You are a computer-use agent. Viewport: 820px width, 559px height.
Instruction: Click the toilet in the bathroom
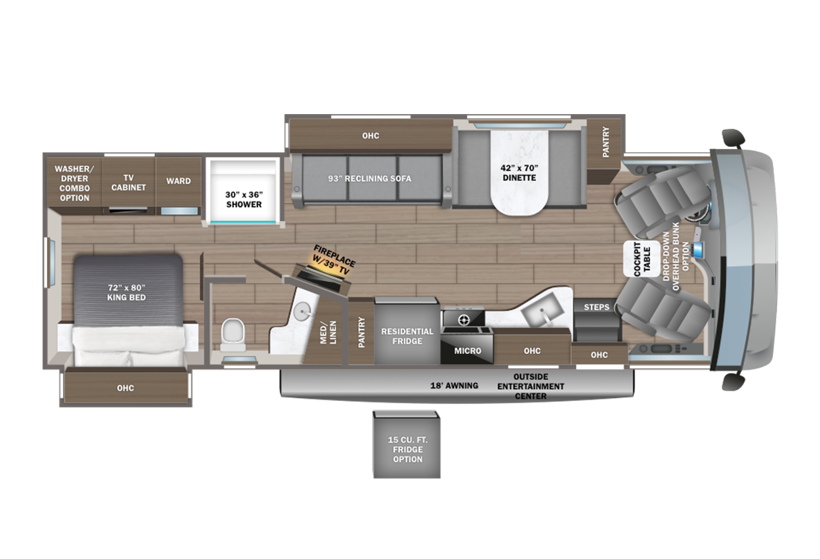[233, 334]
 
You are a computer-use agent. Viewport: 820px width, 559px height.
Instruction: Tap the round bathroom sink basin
[302, 312]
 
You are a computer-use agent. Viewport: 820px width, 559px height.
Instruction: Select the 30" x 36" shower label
[244, 199]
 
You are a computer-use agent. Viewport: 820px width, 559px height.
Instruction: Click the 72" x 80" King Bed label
[127, 292]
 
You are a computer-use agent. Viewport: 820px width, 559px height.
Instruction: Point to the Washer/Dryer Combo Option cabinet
[75, 183]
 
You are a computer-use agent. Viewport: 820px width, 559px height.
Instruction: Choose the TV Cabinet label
[129, 183]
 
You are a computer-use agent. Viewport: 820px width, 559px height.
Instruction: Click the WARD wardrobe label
[178, 181]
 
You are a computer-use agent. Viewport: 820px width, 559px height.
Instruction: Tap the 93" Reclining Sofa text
[370, 178]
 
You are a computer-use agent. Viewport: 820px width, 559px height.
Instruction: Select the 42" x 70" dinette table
[520, 172]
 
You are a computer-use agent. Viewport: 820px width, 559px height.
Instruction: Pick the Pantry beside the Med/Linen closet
[362, 332]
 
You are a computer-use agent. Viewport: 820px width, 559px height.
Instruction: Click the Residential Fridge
[407, 332]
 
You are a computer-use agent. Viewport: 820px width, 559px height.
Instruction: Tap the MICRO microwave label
[467, 351]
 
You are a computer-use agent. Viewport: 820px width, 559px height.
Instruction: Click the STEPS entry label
[596, 307]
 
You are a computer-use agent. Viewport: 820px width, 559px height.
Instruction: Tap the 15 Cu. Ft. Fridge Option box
[407, 445]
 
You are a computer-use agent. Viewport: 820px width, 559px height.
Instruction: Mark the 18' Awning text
[454, 386]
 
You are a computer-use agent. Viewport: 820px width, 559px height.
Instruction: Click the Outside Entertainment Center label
[530, 386]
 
